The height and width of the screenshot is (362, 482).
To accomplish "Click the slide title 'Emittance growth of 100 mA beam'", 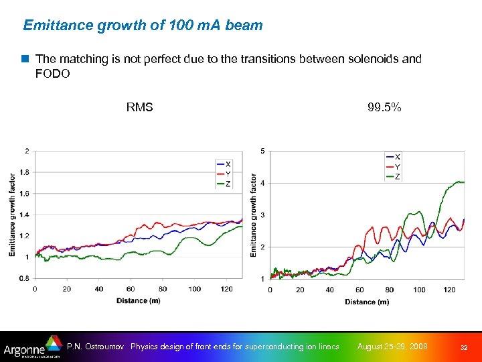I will tap(143, 25).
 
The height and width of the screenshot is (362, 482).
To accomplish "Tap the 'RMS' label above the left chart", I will tap(139, 107).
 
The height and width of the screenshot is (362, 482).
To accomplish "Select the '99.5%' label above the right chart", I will tap(384, 107).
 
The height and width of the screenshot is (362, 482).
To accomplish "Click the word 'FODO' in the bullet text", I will tap(52, 74).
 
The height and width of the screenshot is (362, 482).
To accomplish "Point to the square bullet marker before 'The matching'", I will tap(26, 59).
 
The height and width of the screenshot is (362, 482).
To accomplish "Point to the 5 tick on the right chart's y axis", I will tap(262, 151).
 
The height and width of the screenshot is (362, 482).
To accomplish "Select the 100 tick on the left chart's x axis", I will tap(194, 289).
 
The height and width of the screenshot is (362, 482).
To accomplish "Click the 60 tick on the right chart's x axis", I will tap(359, 290).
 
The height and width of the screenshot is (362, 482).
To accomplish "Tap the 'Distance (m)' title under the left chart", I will tap(139, 300).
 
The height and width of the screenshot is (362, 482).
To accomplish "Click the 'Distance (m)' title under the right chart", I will tap(367, 302).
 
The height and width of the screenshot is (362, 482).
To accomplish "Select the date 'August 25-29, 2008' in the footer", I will tap(392, 347).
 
